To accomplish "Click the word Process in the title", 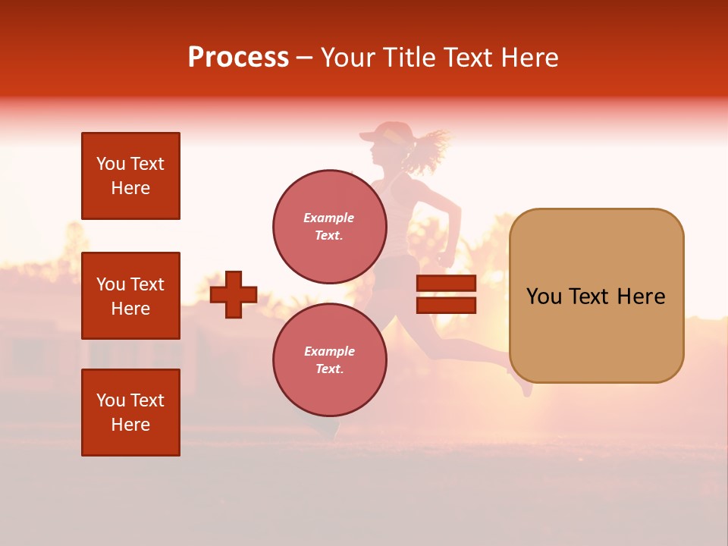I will point(238,58).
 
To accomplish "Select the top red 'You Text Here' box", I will point(130,176).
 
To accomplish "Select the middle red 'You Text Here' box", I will point(130,296).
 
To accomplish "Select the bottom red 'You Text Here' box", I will point(130,413).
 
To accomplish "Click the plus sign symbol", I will point(234,295).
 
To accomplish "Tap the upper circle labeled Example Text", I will point(329,226).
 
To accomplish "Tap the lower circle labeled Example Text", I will point(329,359).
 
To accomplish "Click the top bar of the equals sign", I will point(446,284).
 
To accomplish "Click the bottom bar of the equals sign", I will point(446,305).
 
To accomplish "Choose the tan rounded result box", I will point(596,296).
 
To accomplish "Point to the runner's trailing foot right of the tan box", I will point(524,388).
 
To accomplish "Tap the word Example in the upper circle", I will point(329,218).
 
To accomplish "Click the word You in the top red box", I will point(111,164).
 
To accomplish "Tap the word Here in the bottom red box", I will point(130,425).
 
